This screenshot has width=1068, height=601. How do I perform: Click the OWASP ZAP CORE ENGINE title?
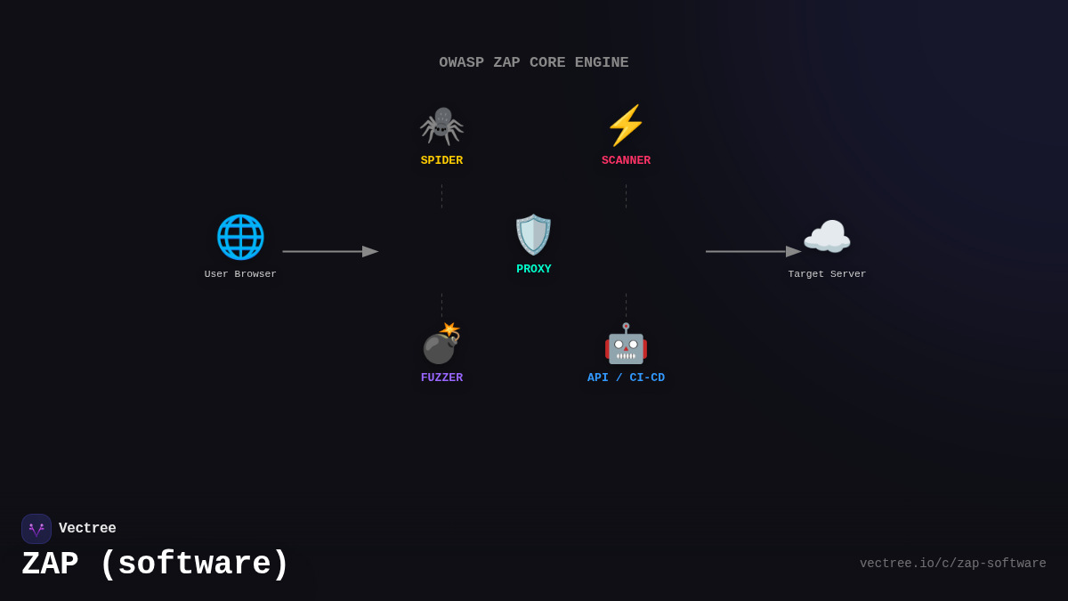pyautogui.click(x=533, y=62)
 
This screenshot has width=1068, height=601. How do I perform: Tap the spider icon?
pyautogui.click(x=441, y=126)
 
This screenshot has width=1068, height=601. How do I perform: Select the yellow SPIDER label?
pyautogui.click(x=441, y=160)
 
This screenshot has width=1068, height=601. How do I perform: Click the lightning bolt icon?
pyautogui.click(x=626, y=126)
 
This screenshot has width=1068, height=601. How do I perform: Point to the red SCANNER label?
pyautogui.click(x=626, y=160)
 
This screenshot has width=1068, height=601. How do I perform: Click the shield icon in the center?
pyautogui.click(x=533, y=234)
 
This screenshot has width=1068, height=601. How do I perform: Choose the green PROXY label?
pyautogui.click(x=533, y=269)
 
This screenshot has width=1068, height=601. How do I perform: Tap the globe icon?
pyautogui.click(x=240, y=237)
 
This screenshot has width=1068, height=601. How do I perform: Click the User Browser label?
pyautogui.click(x=240, y=274)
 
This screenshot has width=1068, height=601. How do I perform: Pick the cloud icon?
pyautogui.click(x=827, y=237)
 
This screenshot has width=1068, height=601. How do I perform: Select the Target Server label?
pyautogui.click(x=827, y=274)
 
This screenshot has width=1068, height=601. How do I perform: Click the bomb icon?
pyautogui.click(x=441, y=344)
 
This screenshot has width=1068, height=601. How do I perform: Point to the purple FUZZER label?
pyautogui.click(x=441, y=378)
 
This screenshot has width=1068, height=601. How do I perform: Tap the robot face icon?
pyautogui.click(x=626, y=344)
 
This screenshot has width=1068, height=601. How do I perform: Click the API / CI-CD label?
pyautogui.click(x=626, y=378)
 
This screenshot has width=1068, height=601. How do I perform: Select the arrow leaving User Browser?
pyautogui.click(x=330, y=251)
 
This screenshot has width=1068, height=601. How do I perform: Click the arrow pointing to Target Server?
pyautogui.click(x=753, y=251)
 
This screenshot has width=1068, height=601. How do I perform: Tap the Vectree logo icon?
pyautogui.click(x=36, y=529)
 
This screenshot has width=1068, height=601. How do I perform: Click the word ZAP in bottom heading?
pyautogui.click(x=50, y=564)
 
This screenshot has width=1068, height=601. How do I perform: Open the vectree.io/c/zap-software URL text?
pyautogui.click(x=952, y=564)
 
